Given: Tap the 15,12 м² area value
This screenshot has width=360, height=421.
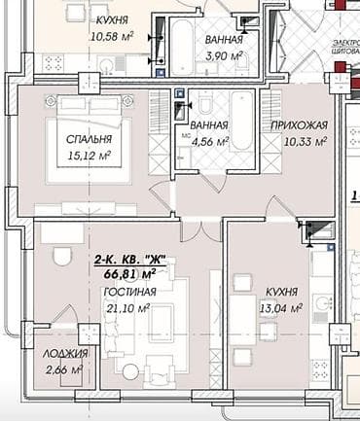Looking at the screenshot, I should pyautogui.click(x=73, y=153).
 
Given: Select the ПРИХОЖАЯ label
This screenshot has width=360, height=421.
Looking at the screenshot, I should pyautogui.click(x=292, y=125).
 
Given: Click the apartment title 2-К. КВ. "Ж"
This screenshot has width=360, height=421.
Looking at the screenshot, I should pyautogui.click(x=129, y=260).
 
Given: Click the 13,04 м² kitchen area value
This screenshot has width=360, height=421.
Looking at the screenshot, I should pyautogui.click(x=272, y=308).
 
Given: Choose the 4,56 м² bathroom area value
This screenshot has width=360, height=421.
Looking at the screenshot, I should pyautogui.click(x=209, y=141).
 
